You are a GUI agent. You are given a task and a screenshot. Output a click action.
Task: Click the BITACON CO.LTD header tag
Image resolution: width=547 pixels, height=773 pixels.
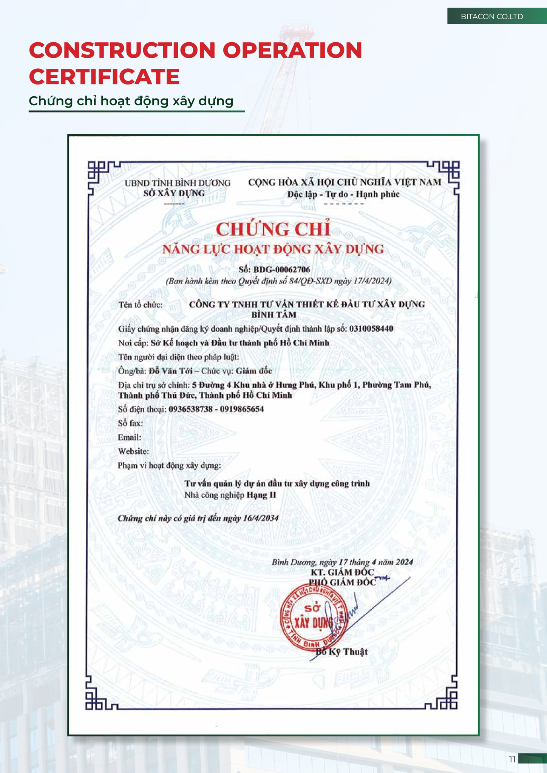tap(492, 17)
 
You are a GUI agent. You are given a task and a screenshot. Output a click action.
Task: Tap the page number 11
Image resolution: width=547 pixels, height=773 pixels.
tap(512, 759)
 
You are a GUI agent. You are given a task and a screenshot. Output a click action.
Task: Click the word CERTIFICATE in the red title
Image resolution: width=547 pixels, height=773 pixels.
tap(104, 77)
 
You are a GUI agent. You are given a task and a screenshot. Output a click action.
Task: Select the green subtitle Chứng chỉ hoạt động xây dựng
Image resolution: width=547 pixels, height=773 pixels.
tap(131, 101)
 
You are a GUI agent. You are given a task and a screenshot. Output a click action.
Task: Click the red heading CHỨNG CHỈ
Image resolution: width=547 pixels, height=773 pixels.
tap(273, 229)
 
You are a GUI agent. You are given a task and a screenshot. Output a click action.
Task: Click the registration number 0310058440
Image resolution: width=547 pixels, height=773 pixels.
tap(371, 329)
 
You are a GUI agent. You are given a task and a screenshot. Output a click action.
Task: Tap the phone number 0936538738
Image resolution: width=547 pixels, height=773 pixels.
tap(190, 409)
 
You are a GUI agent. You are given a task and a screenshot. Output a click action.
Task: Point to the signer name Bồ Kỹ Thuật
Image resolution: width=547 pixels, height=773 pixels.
tap(342, 652)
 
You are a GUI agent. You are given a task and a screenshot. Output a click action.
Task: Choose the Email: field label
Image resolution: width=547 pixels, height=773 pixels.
tap(130, 437)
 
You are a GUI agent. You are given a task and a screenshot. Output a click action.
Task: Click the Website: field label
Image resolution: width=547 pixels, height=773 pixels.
tap(133, 451)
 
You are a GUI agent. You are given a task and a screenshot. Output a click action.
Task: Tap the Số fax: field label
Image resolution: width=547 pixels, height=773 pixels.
tap(130, 423)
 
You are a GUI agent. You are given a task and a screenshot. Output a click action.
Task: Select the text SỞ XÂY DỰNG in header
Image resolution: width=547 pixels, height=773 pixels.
tap(174, 193)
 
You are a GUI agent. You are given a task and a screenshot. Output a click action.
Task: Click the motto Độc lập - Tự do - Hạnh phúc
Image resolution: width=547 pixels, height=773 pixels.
tap(343, 194)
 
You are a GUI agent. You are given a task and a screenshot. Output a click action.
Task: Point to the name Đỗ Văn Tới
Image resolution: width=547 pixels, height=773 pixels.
tap(170, 371)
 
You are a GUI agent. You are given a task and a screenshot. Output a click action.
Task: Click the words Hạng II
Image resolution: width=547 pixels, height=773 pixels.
tap(261, 495)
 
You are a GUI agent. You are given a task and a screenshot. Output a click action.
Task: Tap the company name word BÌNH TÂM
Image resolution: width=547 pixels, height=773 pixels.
tap(274, 315)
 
